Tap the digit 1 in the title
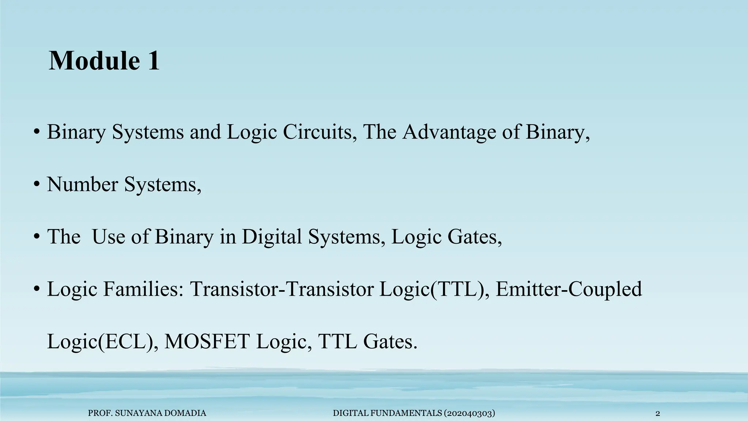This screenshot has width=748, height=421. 153,61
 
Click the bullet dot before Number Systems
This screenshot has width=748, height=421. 37,185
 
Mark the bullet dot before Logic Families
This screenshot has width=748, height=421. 37,290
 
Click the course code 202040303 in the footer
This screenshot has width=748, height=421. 469,413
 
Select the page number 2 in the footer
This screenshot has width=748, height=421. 658,414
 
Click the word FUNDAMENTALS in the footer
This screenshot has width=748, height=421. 406,413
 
